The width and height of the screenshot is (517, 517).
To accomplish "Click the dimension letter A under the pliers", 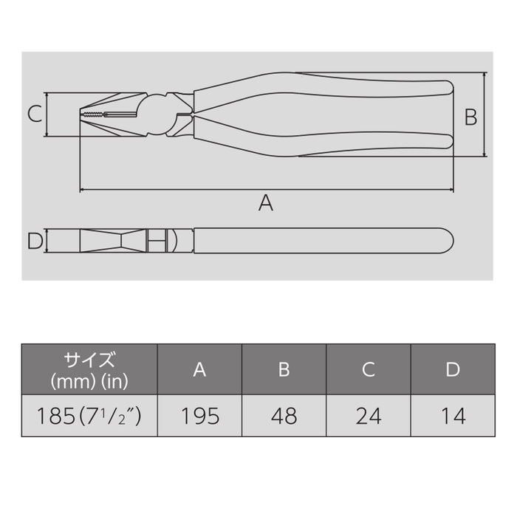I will [x=266, y=202].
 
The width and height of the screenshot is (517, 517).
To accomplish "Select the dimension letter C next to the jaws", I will [x=34, y=114].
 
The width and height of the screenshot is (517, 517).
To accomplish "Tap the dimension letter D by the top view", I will [x=34, y=241].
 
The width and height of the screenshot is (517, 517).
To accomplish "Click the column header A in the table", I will [x=199, y=370].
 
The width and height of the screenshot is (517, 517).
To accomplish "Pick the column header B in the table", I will [x=284, y=370].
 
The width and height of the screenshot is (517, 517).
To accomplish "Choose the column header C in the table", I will [x=369, y=370].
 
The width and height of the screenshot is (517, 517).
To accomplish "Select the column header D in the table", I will [x=453, y=370].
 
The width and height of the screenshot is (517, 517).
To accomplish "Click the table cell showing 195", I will [x=199, y=416].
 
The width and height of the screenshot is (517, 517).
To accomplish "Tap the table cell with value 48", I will [x=284, y=416].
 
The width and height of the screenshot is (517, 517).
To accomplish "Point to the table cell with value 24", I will [x=369, y=416].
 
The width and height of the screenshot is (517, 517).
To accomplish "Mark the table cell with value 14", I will [x=453, y=416].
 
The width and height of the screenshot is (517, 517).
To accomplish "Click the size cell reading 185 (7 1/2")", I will [x=89, y=416].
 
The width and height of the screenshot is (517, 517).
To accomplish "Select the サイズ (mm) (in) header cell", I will [x=89, y=370].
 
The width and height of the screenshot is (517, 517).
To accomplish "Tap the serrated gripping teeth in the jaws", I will [x=93, y=114].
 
